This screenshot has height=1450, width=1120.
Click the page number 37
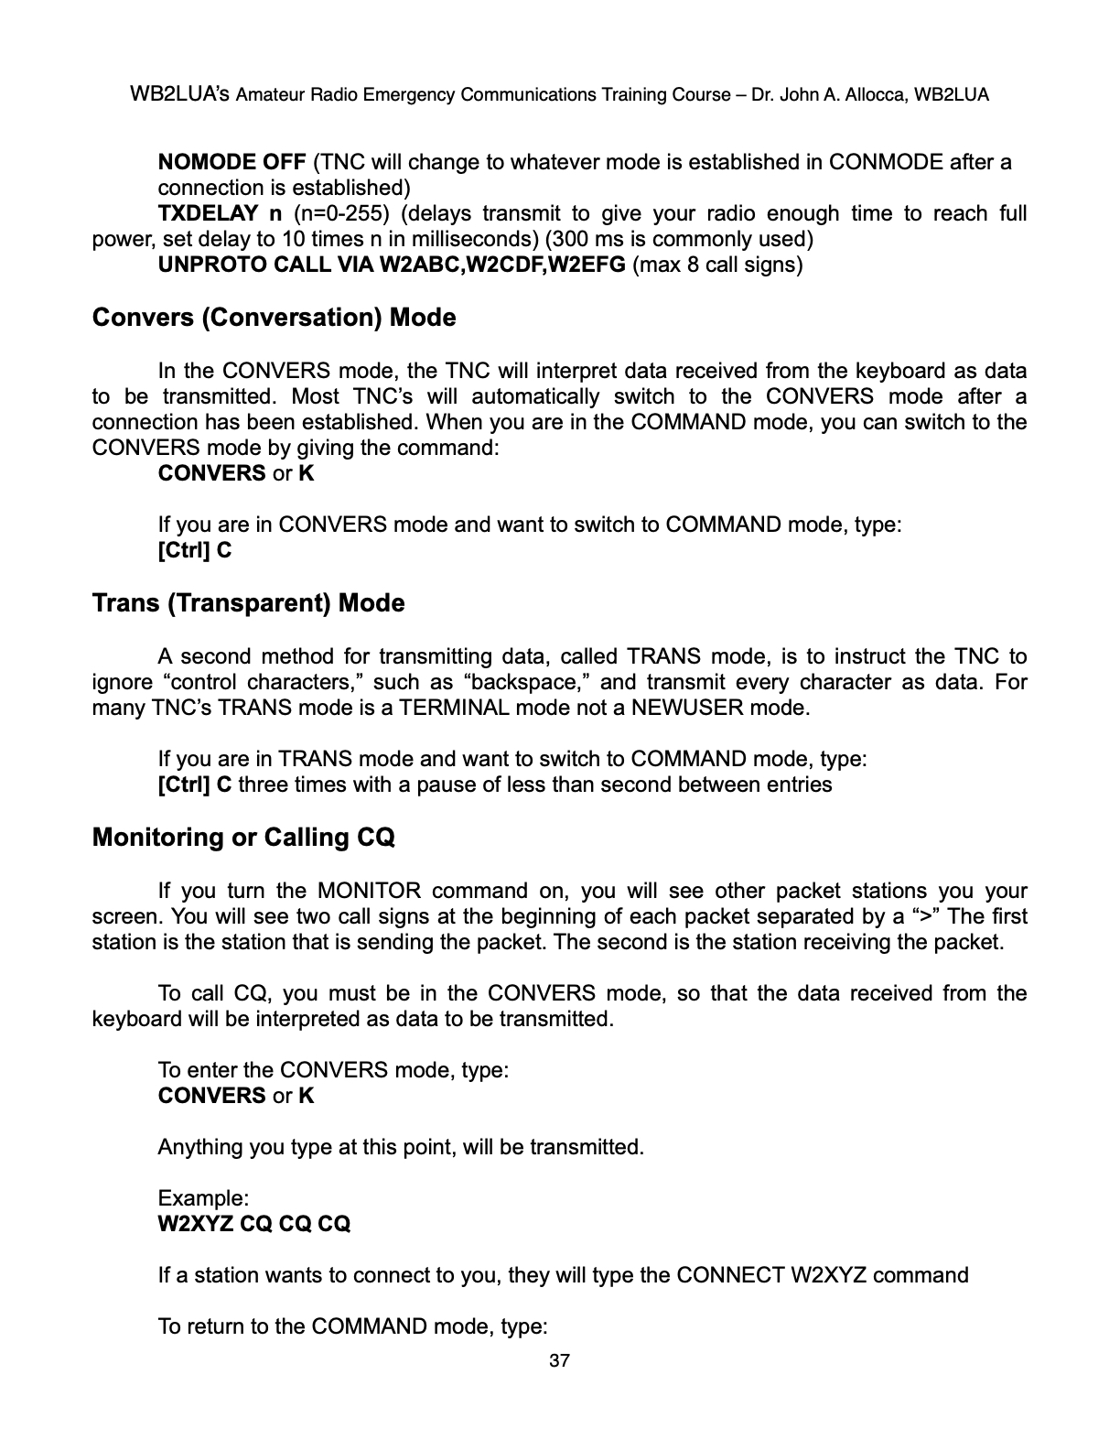(559, 1360)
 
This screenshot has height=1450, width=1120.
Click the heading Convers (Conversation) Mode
(274, 318)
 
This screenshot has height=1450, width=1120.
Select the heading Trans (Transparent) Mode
(248, 603)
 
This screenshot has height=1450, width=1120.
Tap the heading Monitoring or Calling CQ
(243, 838)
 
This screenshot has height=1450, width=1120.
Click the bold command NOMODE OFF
(232, 163)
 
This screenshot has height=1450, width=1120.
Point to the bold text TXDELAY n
(220, 214)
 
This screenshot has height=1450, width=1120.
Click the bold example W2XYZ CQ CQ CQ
(254, 1224)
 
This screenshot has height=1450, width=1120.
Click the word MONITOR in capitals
(369, 891)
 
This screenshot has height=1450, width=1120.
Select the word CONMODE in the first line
(886, 163)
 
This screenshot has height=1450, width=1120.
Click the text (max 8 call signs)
(717, 265)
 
